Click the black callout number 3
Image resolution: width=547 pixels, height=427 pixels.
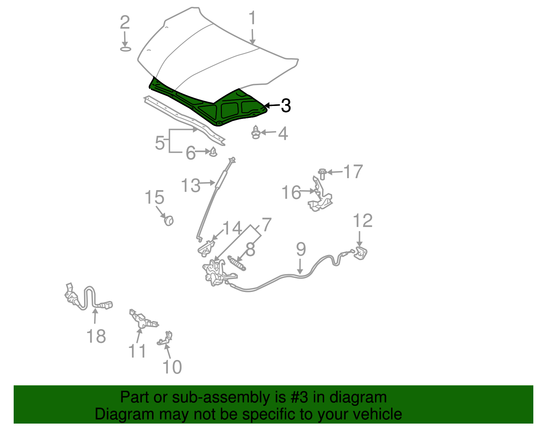[x=286, y=105]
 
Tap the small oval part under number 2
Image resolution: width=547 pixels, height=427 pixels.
[x=125, y=49]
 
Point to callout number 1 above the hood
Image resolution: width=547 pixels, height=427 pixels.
[x=252, y=18]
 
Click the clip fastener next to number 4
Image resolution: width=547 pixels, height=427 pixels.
[x=256, y=132]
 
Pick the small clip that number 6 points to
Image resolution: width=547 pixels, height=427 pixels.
[x=213, y=152]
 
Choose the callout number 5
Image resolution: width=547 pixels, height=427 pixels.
[x=160, y=143]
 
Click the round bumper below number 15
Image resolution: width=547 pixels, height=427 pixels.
[x=169, y=221]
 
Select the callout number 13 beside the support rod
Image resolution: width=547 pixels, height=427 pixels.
[x=190, y=185]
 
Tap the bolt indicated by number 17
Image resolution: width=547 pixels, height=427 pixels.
[x=322, y=174]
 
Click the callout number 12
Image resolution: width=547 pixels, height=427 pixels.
[x=363, y=221]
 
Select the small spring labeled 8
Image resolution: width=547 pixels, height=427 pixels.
[x=237, y=263]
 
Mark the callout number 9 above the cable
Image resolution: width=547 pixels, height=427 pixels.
[x=301, y=249]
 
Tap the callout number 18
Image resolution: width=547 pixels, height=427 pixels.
[x=96, y=336]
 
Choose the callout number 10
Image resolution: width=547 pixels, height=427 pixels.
[x=172, y=366]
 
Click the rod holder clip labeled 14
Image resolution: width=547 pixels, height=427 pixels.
[x=206, y=249]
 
